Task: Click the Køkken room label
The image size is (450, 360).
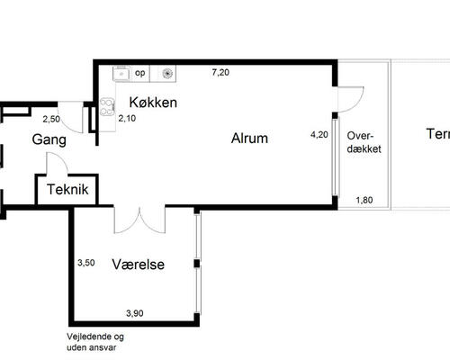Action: coord(153,103)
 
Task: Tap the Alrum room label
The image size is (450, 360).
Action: coord(249,139)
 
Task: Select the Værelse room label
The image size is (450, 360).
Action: coord(139,265)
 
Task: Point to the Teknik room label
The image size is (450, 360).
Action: coord(67,189)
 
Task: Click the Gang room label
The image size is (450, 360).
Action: coord(49,139)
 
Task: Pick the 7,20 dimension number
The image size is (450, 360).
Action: coord(220,72)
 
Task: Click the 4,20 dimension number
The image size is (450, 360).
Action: coord(319,135)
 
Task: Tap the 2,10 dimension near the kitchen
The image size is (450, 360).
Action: coord(127,119)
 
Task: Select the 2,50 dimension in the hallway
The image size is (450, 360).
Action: coord(51,119)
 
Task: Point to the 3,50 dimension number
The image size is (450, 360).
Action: coord(86,263)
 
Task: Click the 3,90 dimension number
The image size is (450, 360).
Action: coord(135,313)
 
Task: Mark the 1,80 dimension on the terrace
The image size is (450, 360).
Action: coord(364,200)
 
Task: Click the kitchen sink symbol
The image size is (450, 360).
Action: coord(121,73)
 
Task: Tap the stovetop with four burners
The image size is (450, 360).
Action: coord(107,107)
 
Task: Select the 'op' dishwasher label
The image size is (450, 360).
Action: coord(140,73)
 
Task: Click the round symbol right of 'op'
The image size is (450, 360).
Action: coord(167,74)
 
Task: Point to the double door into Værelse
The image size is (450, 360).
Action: coord(139,220)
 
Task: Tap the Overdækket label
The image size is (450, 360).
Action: coord(364,142)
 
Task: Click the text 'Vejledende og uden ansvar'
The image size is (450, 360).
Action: coord(95,342)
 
